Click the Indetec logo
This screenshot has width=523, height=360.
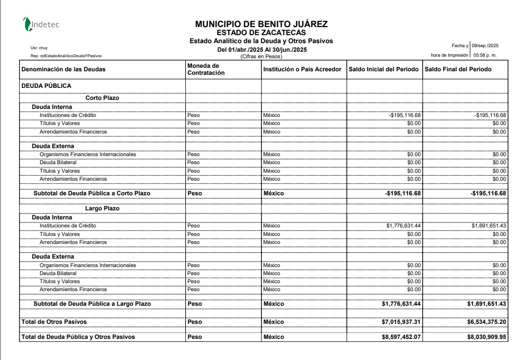coord(41,24)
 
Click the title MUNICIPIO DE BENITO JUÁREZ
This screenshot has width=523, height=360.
coord(261,24)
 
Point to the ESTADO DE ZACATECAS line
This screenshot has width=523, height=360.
coord(261,33)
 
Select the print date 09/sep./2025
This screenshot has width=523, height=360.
coord(485,46)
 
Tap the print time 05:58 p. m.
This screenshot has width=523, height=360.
coord(485,55)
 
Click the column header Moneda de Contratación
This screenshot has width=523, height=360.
coord(203,69)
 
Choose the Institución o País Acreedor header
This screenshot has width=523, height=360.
coord(302,69)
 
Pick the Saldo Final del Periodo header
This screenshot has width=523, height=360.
coord(458,69)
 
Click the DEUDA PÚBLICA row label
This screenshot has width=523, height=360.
coord(46,86)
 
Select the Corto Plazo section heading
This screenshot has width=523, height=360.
coord(102,98)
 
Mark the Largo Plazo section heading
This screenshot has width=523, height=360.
coord(102,208)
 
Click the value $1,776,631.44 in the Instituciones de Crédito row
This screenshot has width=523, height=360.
coord(404,226)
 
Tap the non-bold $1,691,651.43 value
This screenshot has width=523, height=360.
coord(489,226)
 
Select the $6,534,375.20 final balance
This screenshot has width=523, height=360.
coord(486,322)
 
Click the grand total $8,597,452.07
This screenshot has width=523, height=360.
coord(401,337)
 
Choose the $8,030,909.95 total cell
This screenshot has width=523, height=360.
coord(486,337)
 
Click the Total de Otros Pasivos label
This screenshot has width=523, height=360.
coord(54,322)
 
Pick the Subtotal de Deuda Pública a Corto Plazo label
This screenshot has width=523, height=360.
coord(92,193)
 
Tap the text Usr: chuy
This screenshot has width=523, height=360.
coord(39,48)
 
